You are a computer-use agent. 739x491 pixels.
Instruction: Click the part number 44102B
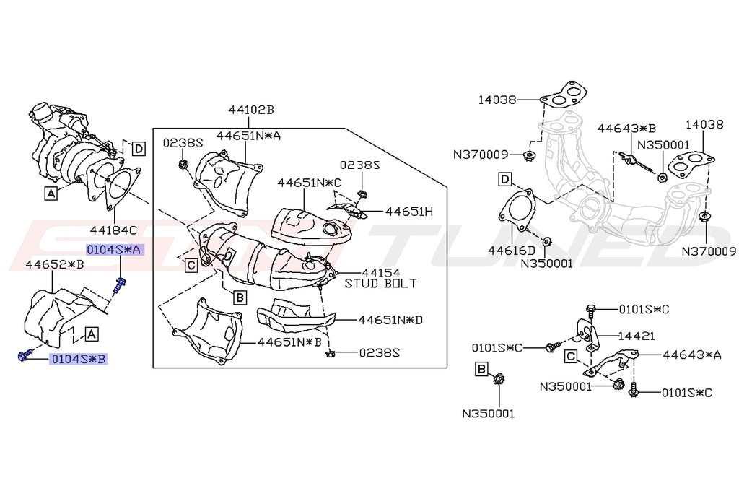pos(251,110)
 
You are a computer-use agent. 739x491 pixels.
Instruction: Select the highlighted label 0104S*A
pos(114,250)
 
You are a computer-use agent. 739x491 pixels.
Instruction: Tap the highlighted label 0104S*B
pos(76,358)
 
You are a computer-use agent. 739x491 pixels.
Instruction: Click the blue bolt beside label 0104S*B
pos(23,355)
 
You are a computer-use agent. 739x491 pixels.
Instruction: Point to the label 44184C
pos(113,230)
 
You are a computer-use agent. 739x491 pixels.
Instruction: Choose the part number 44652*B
pos(55,264)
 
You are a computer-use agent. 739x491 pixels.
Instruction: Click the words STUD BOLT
pos(380,283)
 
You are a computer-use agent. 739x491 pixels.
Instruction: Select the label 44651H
pos(408,212)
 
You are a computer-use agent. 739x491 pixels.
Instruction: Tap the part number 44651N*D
pos(390,319)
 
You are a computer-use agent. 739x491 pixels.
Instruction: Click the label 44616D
pos(511,251)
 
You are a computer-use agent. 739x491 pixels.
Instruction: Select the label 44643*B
pos(626,129)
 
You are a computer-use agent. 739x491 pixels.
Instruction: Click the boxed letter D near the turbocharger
pos(138,149)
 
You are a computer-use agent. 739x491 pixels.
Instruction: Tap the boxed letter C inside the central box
pos(191,265)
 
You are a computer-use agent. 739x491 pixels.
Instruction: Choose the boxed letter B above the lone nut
pos(481,370)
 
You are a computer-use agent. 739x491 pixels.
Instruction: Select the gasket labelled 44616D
pos(515,210)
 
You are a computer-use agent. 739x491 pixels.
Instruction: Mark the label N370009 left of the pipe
pos(481,154)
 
